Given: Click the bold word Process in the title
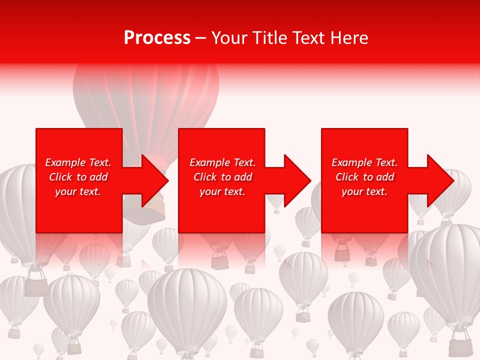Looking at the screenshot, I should [x=157, y=38].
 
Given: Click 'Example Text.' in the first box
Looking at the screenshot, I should [x=78, y=162].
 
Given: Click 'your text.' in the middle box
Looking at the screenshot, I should [x=222, y=191].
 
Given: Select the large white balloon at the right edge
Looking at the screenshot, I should [x=447, y=270].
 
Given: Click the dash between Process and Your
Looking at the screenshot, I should [x=201, y=38].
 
